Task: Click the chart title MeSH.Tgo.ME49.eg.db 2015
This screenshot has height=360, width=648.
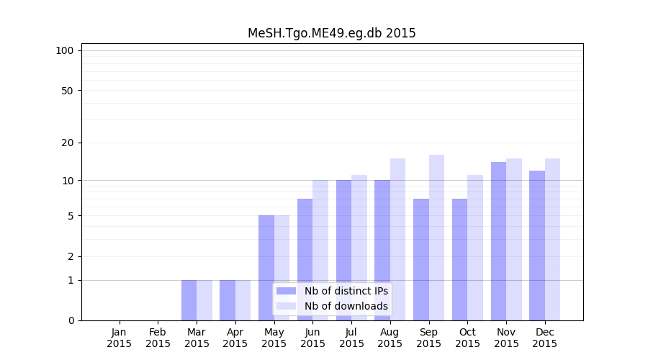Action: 331,33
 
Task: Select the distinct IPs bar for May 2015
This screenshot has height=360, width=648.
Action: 266,268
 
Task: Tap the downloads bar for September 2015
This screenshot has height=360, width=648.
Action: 436,238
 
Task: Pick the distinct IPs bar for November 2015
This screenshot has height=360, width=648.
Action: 498,241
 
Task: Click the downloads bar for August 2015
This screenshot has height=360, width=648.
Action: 397,239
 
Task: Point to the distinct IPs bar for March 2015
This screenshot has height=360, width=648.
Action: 189,300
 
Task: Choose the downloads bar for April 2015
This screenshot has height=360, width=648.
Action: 243,300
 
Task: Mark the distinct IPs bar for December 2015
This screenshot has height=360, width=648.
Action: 537,246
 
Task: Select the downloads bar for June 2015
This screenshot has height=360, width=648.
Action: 320,250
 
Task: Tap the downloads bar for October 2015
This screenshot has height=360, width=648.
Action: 475,248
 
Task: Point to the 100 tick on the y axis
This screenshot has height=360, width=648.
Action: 65,50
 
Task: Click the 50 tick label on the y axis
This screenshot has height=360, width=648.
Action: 68,91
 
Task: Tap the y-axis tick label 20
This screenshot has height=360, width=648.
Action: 68,143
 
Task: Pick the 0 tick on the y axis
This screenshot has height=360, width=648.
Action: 71,320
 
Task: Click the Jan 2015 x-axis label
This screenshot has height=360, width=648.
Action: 120,338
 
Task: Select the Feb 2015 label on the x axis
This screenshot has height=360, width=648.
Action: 158,338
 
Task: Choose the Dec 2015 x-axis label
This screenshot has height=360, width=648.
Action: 544,338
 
